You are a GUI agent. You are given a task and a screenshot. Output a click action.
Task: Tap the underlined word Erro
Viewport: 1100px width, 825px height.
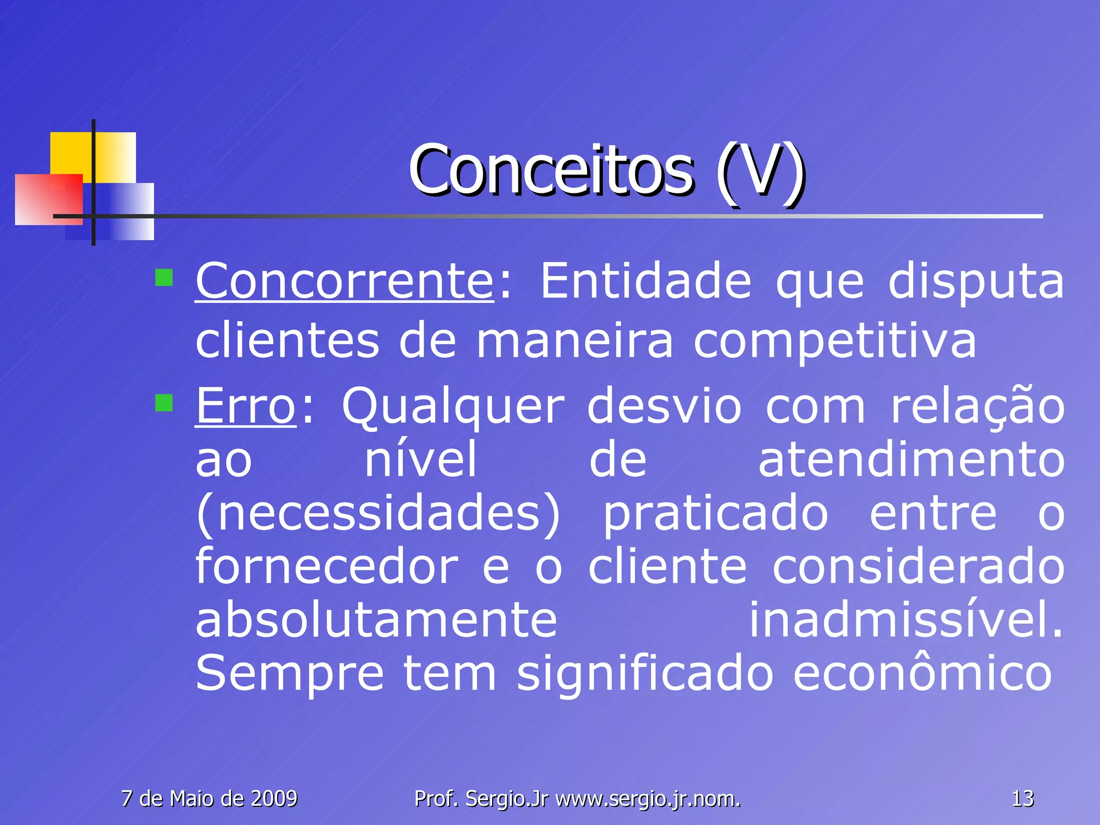[245, 406]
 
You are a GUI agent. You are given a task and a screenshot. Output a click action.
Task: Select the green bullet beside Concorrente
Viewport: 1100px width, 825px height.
[164, 278]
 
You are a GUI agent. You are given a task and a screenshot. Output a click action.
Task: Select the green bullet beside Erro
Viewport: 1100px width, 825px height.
[164, 403]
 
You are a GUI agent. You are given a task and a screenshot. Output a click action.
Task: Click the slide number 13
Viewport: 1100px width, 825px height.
[1022, 799]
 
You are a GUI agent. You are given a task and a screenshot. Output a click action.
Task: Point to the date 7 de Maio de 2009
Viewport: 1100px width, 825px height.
[209, 799]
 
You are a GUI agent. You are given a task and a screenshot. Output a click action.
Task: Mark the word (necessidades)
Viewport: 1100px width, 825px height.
[378, 513]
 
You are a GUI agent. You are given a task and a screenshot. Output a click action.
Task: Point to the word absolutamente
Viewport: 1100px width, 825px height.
[376, 619]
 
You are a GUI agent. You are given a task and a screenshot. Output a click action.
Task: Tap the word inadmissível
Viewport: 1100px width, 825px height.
[906, 619]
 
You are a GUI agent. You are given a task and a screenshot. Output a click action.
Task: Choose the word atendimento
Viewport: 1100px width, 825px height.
[911, 460]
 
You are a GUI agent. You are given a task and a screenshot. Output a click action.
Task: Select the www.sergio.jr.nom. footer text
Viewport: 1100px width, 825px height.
[648, 799]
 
